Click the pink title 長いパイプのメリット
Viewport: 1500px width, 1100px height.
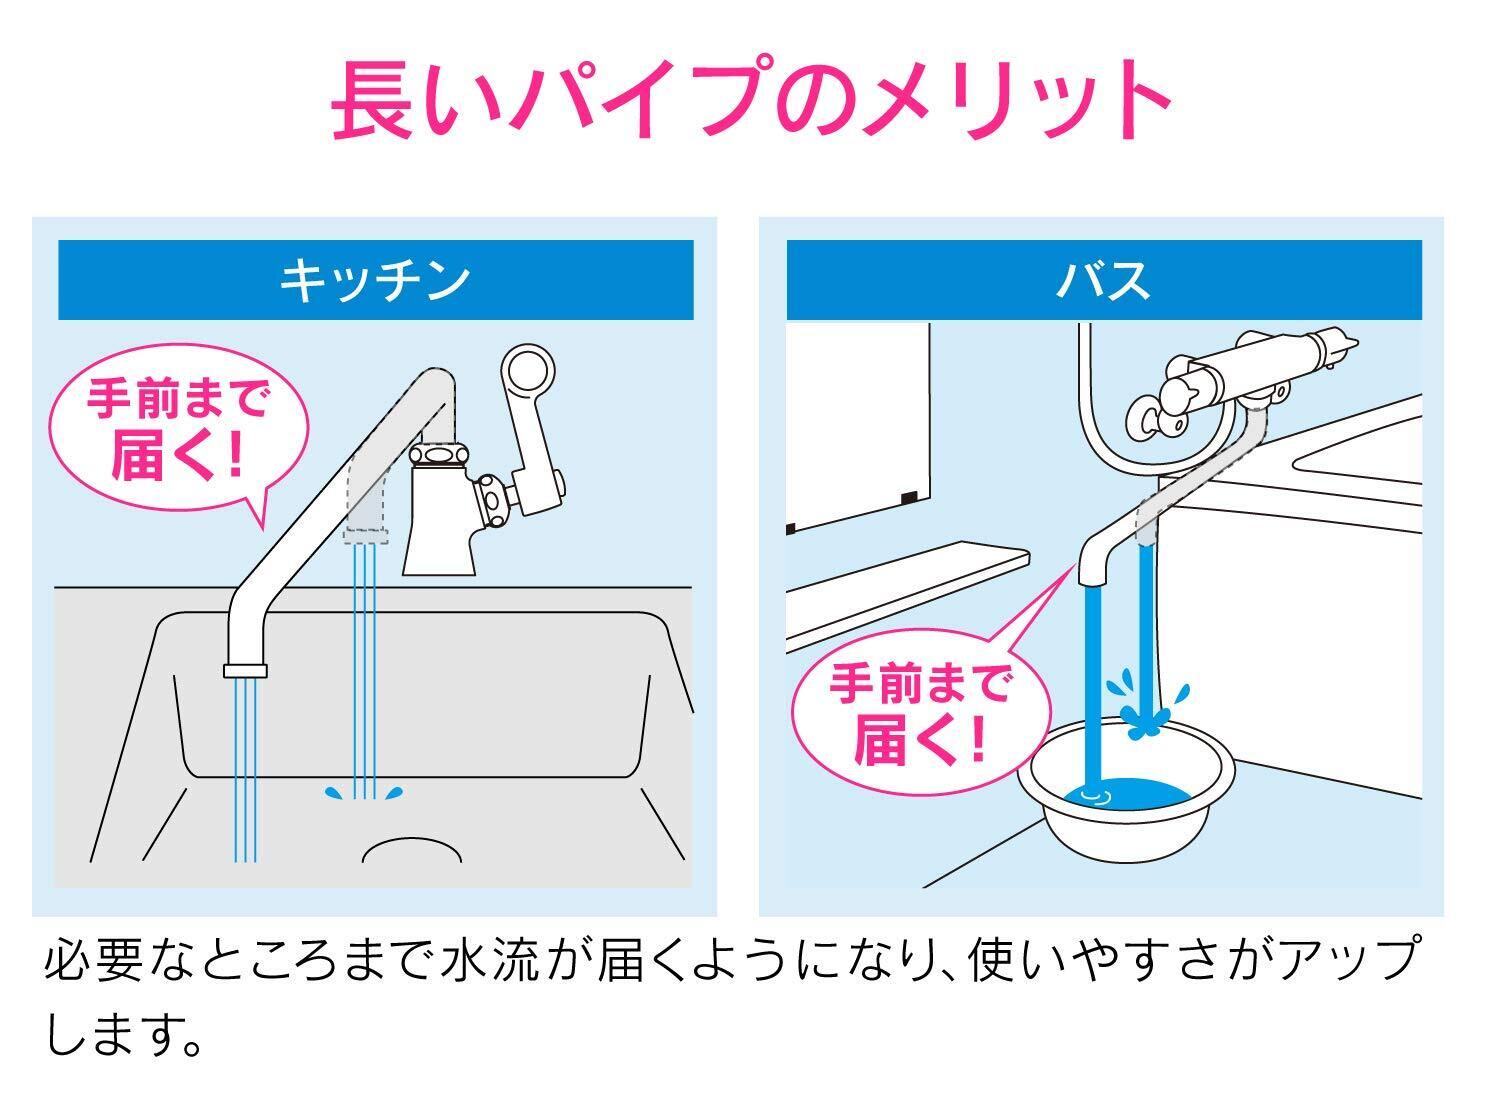pyautogui.click(x=750, y=99)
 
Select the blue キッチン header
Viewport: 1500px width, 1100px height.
pyautogui.click(x=375, y=280)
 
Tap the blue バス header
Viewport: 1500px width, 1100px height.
pyautogui.click(x=1103, y=280)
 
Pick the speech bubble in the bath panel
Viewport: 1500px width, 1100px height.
pyautogui.click(x=920, y=715)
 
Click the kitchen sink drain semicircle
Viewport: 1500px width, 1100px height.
pyautogui.click(x=411, y=850)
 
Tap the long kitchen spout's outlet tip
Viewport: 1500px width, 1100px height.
pyautogui.click(x=246, y=670)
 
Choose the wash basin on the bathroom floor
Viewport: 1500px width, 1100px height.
pyautogui.click(x=1126, y=800)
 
